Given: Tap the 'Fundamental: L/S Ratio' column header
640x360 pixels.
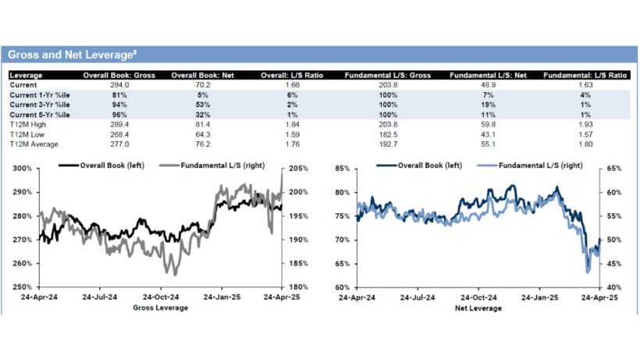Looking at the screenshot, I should click(585, 76).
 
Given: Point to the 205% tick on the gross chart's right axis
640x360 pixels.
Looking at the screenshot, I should click(297, 169).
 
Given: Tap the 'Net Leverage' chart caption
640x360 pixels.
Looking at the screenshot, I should click(478, 308).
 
